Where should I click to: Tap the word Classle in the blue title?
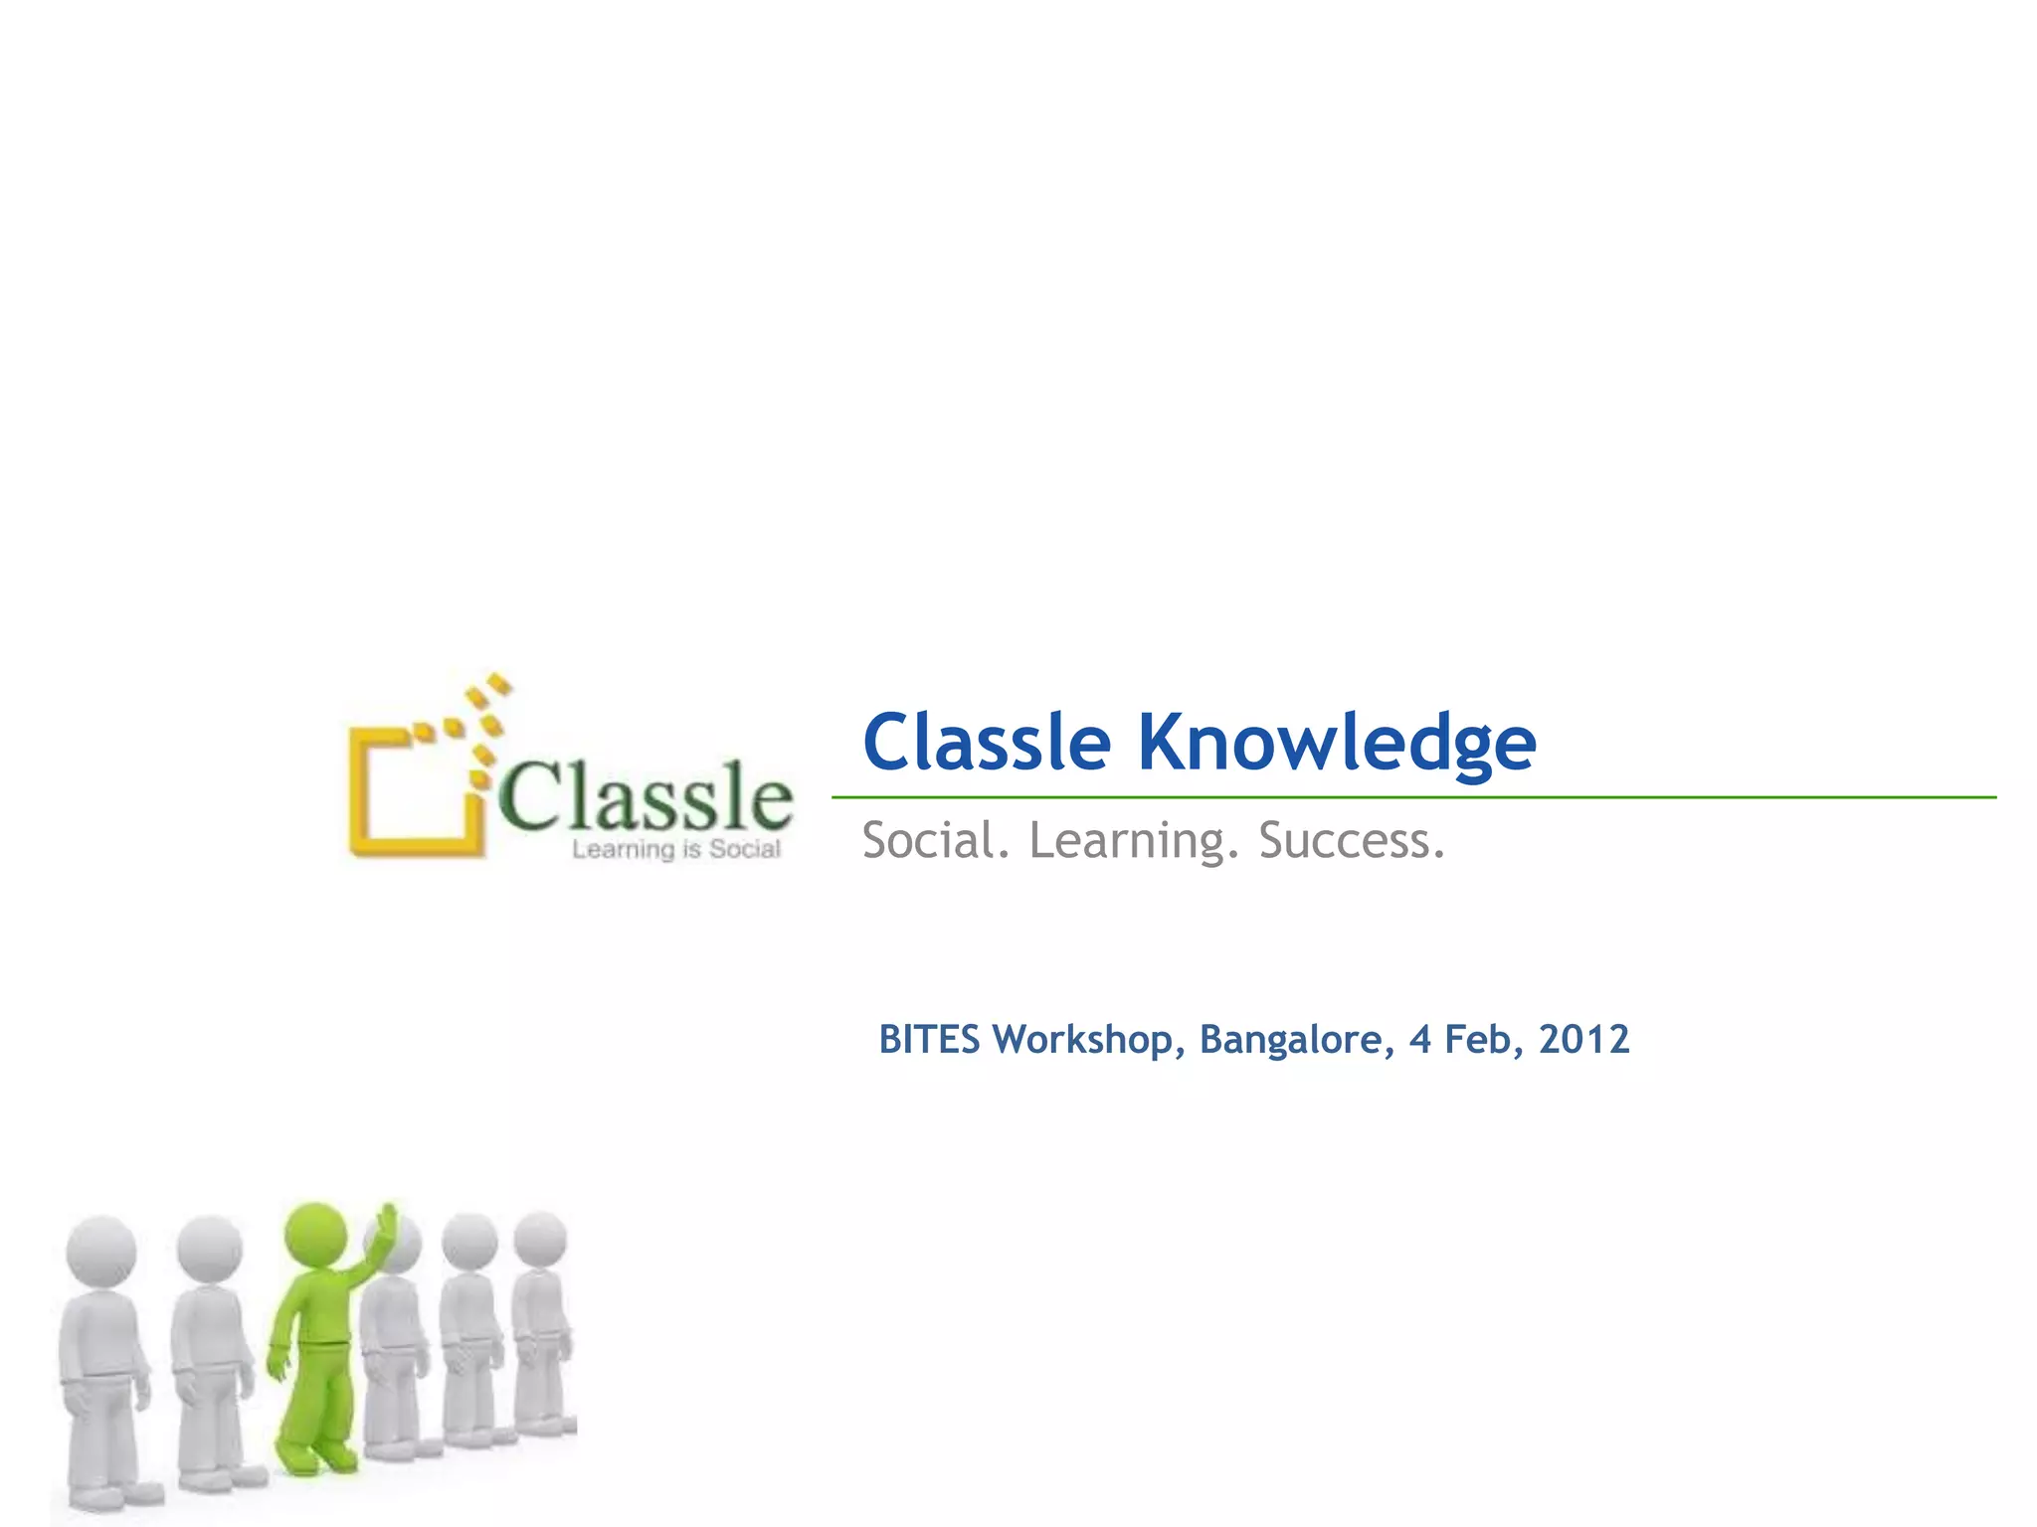tap(986, 743)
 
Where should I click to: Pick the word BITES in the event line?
tap(929, 1040)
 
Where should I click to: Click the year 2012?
tap(1583, 1040)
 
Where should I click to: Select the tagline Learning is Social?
tap(676, 850)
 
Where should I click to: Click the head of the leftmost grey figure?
tap(101, 1251)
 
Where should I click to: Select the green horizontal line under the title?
tap(1412, 797)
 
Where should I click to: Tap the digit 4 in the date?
tap(1419, 1040)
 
